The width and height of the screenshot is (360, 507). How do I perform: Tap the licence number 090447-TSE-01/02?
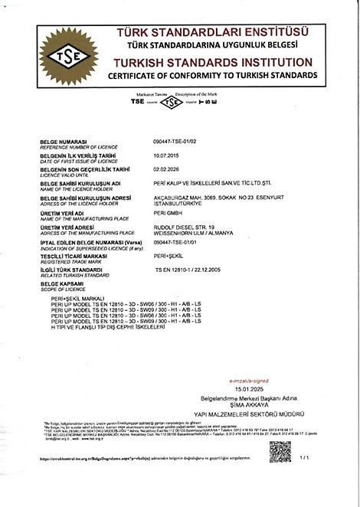click(x=175, y=142)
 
